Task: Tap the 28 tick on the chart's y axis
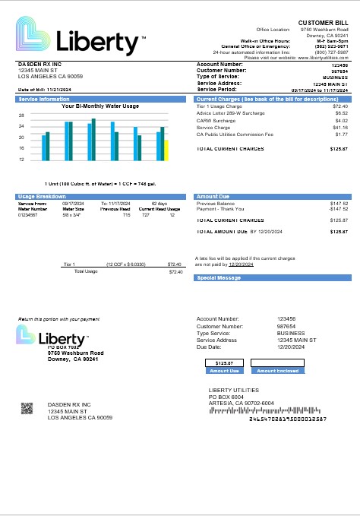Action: coord(21,115)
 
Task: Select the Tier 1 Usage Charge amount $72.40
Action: coord(340,106)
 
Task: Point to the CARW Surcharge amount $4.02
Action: coord(342,121)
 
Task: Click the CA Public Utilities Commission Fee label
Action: coord(229,135)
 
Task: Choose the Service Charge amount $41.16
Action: coord(340,128)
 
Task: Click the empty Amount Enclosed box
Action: coord(276,363)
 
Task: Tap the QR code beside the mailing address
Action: coord(28,408)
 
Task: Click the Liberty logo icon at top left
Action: coord(34,36)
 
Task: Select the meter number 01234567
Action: coord(28,215)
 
